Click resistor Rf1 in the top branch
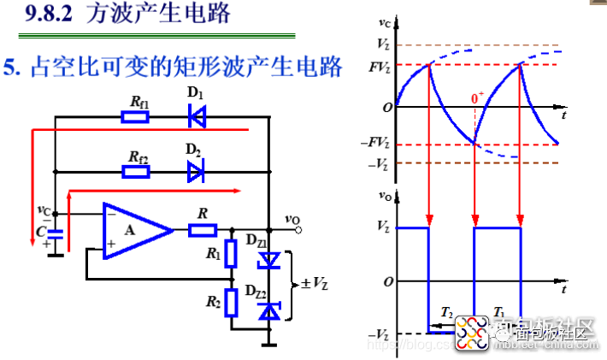tap(136, 116)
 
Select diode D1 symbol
tap(197, 116)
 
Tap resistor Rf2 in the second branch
tap(136, 172)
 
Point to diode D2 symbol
tap(197, 172)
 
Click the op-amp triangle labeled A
tap(134, 229)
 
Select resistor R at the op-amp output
tap(202, 229)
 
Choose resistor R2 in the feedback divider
tap(230, 302)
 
